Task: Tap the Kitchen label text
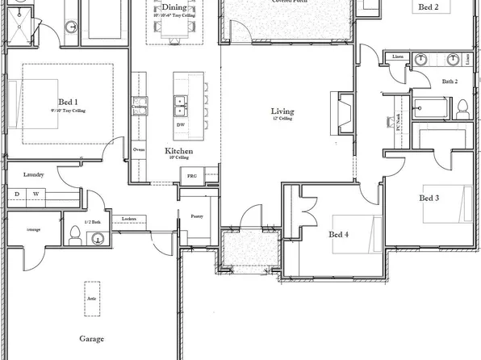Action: tap(178, 151)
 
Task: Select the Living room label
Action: tap(282, 111)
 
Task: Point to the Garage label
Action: tap(91, 339)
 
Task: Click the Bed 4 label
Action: tap(339, 235)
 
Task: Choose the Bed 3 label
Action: tap(429, 198)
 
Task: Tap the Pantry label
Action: tap(196, 216)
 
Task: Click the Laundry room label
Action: tap(33, 174)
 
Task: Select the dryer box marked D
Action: tap(16, 194)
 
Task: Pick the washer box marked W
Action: tap(36, 194)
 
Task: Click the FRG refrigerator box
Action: tap(192, 175)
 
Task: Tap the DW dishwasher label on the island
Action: tap(179, 125)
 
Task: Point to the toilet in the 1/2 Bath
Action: tap(73, 235)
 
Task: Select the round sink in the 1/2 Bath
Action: tap(98, 238)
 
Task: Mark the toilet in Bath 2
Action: tap(462, 108)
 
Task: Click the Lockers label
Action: tap(128, 219)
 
